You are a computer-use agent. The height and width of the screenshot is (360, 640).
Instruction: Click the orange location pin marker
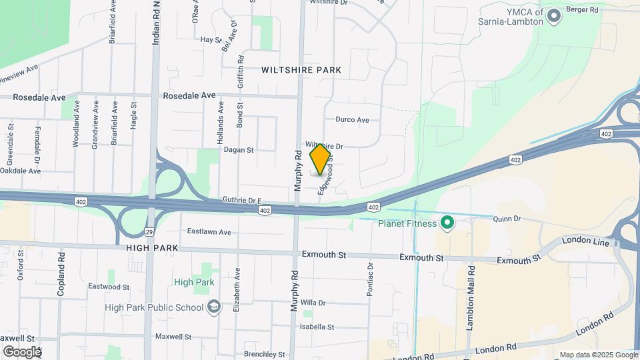(x=321, y=159)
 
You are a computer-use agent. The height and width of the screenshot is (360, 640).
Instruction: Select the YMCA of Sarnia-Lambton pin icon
(x=553, y=15)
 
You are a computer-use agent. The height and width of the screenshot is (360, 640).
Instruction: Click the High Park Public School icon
(x=214, y=307)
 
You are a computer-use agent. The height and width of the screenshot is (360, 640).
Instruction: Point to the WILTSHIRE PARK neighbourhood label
(x=301, y=70)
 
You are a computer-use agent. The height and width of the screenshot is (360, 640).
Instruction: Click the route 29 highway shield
(x=149, y=232)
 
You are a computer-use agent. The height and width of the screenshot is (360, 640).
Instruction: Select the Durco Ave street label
(x=353, y=120)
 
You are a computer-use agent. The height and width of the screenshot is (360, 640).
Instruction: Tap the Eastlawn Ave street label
(x=209, y=232)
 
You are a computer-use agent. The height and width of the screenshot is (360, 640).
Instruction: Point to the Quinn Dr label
(x=506, y=219)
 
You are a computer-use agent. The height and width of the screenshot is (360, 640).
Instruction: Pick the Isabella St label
(x=317, y=327)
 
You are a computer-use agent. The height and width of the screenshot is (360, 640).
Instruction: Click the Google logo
(x=21, y=351)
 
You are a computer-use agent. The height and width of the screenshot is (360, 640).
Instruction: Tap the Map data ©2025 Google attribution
(x=599, y=355)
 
